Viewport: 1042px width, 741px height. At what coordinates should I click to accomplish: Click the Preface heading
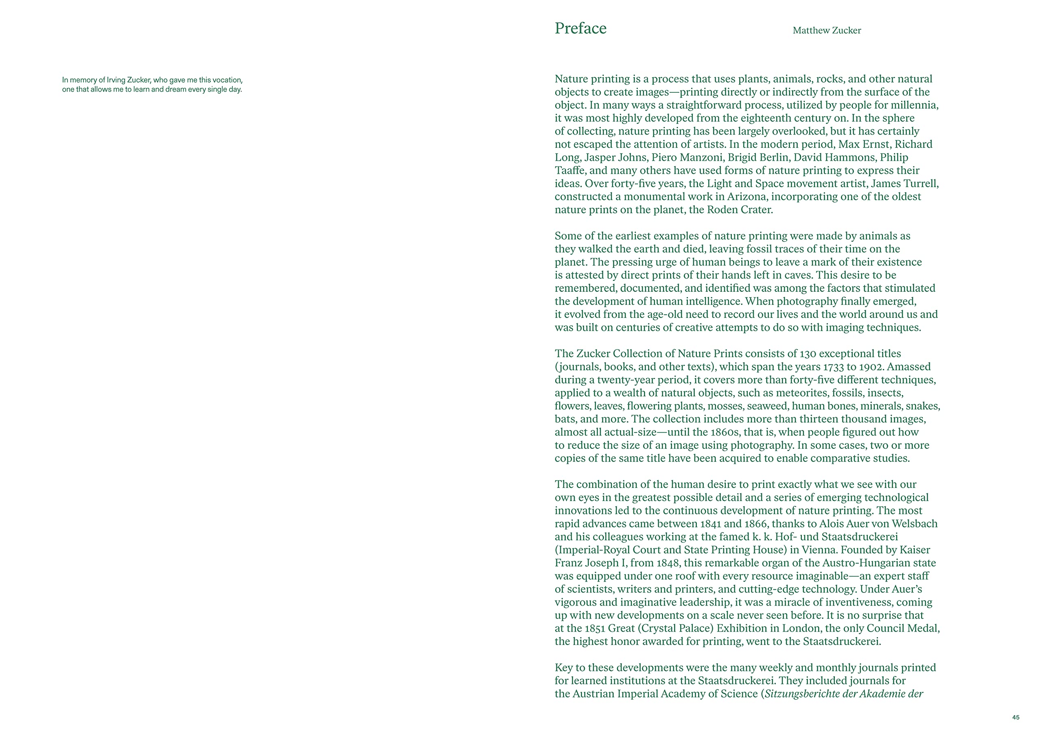580,28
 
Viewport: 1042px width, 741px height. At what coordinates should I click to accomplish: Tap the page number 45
1016,717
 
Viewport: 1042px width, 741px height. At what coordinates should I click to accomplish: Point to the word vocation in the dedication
227,80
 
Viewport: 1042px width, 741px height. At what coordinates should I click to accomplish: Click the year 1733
835,367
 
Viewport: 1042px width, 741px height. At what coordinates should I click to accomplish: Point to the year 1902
871,367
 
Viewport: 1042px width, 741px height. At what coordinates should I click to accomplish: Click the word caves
796,275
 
